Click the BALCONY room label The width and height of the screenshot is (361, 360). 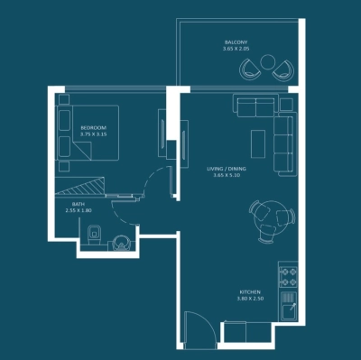[237, 42]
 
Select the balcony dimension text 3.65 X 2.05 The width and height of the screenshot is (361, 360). [237, 50]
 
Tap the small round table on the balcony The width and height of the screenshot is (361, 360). [268, 62]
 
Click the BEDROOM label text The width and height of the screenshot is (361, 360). [93, 127]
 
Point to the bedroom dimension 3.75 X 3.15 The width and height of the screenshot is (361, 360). [93, 134]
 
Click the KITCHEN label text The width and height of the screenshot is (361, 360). [250, 292]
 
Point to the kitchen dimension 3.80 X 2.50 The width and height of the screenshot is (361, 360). [250, 300]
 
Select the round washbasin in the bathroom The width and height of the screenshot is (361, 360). [117, 241]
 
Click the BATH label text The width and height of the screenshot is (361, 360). [79, 205]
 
